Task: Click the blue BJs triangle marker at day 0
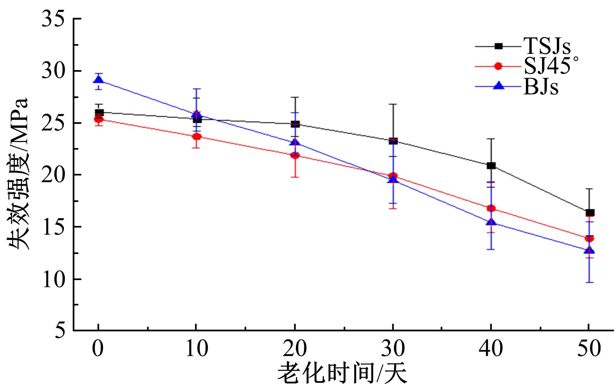point(98,79)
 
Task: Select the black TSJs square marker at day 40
point(491,165)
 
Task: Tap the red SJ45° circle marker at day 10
point(197,136)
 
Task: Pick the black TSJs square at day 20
point(295,124)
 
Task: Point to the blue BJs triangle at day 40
point(491,222)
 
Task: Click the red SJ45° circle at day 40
point(491,208)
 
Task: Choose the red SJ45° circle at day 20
point(295,155)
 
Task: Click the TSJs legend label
point(547,46)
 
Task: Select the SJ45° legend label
point(550,66)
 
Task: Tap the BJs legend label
point(541,86)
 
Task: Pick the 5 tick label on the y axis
point(60,330)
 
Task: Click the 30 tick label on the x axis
point(393,349)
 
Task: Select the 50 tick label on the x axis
point(589,349)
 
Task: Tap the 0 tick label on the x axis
point(98,349)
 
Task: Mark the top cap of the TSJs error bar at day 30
point(393,104)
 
